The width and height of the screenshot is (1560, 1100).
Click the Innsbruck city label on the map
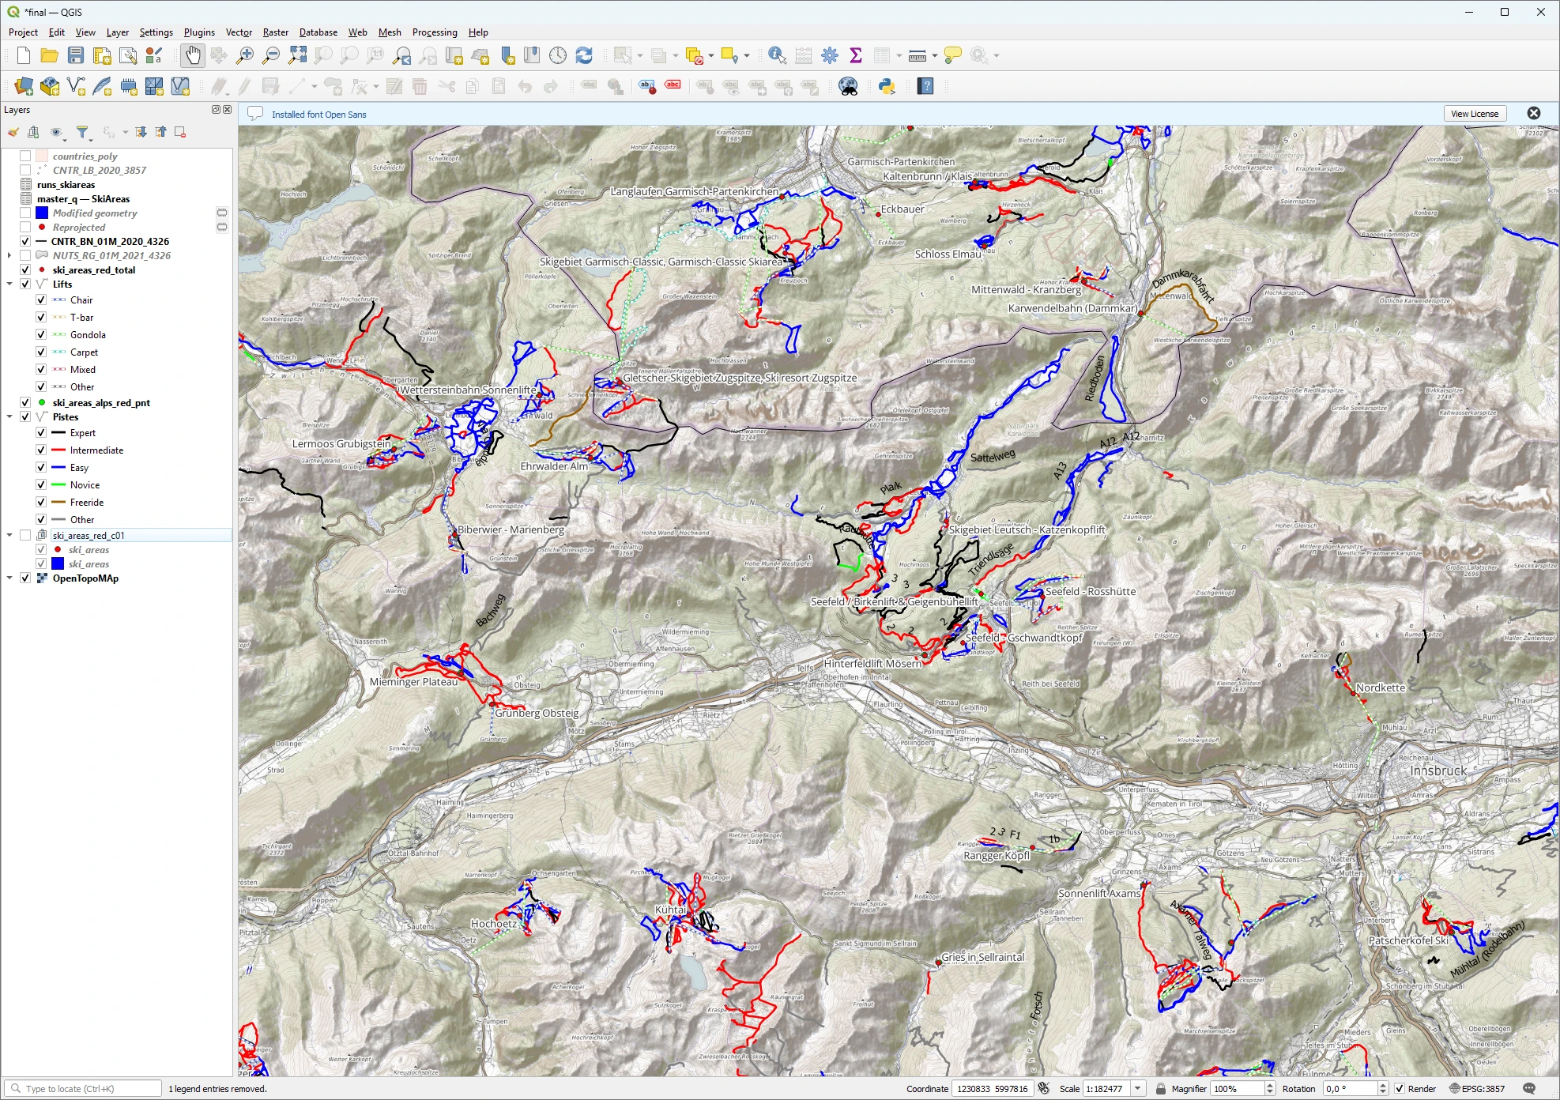(x=1438, y=770)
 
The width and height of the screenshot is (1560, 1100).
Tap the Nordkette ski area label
(x=1381, y=687)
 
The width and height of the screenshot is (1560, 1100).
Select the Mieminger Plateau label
(x=413, y=682)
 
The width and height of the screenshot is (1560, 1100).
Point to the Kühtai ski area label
(x=671, y=910)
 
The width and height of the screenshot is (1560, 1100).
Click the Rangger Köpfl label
(x=997, y=856)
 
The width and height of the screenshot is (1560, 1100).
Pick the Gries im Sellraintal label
(x=982, y=957)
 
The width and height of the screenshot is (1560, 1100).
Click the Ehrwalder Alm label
(x=554, y=466)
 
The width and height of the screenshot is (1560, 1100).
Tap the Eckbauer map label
(x=902, y=209)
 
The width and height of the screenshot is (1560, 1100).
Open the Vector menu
(x=239, y=32)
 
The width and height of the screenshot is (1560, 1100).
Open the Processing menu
(x=435, y=32)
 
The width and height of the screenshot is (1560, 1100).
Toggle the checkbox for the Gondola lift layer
(x=41, y=335)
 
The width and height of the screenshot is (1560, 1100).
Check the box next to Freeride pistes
(x=41, y=503)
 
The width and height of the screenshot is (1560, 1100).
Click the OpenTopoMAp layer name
(x=85, y=578)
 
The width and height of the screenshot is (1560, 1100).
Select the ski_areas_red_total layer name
(x=93, y=270)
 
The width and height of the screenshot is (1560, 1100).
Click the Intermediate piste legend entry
(x=96, y=450)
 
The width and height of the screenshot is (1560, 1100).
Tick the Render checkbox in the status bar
(x=1400, y=1089)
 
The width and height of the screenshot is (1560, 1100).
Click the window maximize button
(x=1505, y=12)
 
